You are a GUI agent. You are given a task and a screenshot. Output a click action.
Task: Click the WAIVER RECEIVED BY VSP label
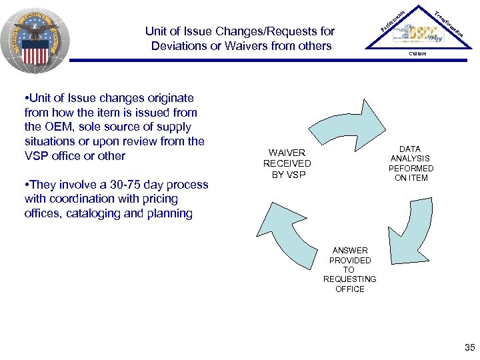[287, 163]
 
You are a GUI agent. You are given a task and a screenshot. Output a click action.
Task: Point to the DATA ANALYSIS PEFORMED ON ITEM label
[411, 163]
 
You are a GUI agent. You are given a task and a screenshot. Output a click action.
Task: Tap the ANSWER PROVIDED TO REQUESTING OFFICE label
[350, 270]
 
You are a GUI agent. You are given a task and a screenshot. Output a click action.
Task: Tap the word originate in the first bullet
[171, 98]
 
